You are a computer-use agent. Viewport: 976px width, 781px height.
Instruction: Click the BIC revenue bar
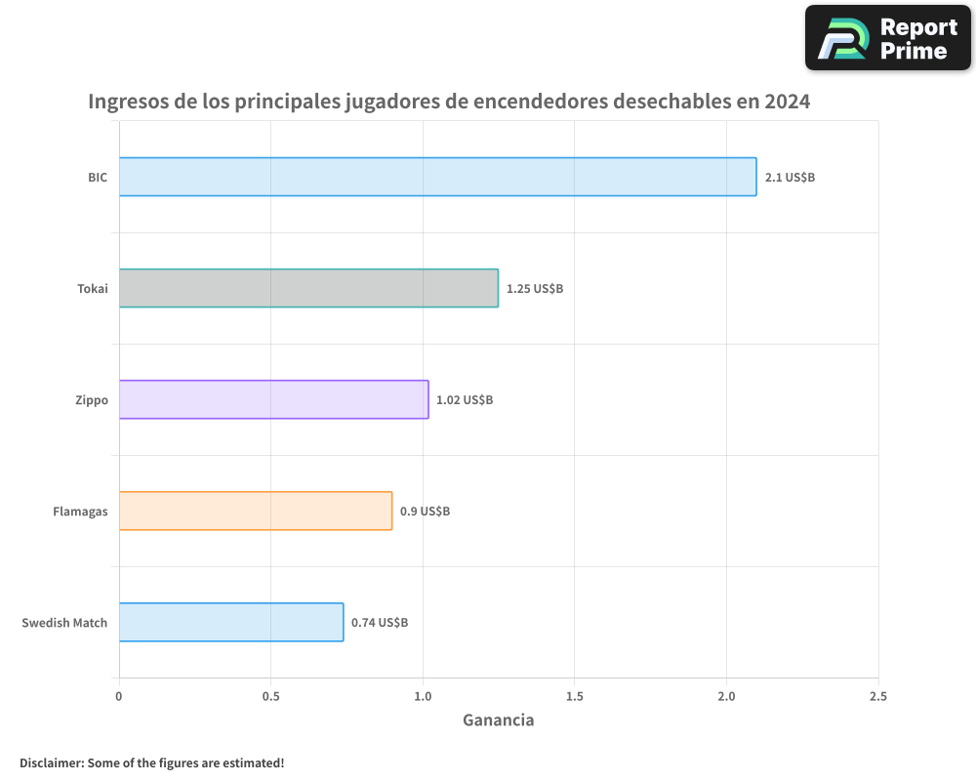pyautogui.click(x=437, y=177)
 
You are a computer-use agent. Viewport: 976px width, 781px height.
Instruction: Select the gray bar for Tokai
pyautogui.click(x=308, y=288)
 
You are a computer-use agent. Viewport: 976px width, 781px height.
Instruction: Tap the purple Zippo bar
pyautogui.click(x=273, y=399)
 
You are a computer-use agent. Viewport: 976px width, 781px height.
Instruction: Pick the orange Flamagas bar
pyautogui.click(x=255, y=511)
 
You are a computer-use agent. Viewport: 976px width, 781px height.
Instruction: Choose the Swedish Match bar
pyautogui.click(x=231, y=622)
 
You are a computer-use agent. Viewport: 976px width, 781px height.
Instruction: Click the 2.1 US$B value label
pyautogui.click(x=790, y=178)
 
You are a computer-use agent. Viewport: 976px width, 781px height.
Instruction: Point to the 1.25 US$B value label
pyautogui.click(x=535, y=289)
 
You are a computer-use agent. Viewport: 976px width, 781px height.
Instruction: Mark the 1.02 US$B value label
pyautogui.click(x=465, y=400)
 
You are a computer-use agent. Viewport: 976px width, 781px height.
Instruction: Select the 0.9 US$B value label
pyautogui.click(x=425, y=512)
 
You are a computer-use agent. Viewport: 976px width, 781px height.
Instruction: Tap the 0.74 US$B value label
pyautogui.click(x=380, y=623)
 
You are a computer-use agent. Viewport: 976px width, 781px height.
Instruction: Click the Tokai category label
pyautogui.click(x=93, y=289)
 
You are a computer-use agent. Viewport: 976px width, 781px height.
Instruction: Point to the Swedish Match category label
pyautogui.click(x=64, y=623)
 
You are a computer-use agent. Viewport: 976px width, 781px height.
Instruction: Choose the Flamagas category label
pyautogui.click(x=80, y=512)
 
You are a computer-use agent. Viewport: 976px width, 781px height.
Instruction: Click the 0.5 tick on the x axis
pyautogui.click(x=270, y=696)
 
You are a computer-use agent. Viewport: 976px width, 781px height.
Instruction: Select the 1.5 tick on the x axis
pyautogui.click(x=574, y=696)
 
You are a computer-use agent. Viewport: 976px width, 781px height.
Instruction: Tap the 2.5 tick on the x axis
pyautogui.click(x=878, y=696)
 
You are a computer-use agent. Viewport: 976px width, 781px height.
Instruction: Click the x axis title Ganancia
pyautogui.click(x=498, y=720)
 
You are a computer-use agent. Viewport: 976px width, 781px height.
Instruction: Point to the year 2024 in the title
pyautogui.click(x=787, y=102)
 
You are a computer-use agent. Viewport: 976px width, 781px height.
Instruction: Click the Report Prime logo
pyautogui.click(x=887, y=38)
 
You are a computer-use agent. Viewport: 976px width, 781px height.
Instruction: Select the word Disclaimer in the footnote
pyautogui.click(x=50, y=762)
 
